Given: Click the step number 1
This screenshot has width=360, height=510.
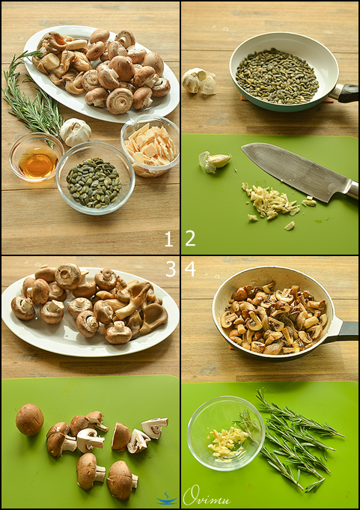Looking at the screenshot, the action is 168,240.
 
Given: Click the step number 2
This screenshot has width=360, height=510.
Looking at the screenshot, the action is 190,239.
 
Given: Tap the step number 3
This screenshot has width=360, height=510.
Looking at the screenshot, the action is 171,269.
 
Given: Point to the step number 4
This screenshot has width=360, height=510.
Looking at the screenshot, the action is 190,269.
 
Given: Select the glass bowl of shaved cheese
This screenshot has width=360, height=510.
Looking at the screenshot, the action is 150,146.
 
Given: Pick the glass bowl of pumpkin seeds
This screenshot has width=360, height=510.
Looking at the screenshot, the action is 96,178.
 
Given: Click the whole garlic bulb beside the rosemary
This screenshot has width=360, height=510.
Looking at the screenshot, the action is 76,131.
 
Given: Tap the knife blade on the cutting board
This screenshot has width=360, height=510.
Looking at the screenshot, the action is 296,171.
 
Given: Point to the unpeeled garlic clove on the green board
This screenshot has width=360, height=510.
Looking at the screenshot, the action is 215,161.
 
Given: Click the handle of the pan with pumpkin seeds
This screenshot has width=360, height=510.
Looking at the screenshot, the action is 344,93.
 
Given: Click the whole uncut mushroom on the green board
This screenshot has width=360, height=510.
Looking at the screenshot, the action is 30,419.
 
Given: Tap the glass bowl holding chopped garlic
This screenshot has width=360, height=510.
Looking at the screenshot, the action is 226,433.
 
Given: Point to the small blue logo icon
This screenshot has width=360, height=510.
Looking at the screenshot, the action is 166,499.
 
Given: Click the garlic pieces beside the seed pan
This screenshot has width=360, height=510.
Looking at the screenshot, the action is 199,81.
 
